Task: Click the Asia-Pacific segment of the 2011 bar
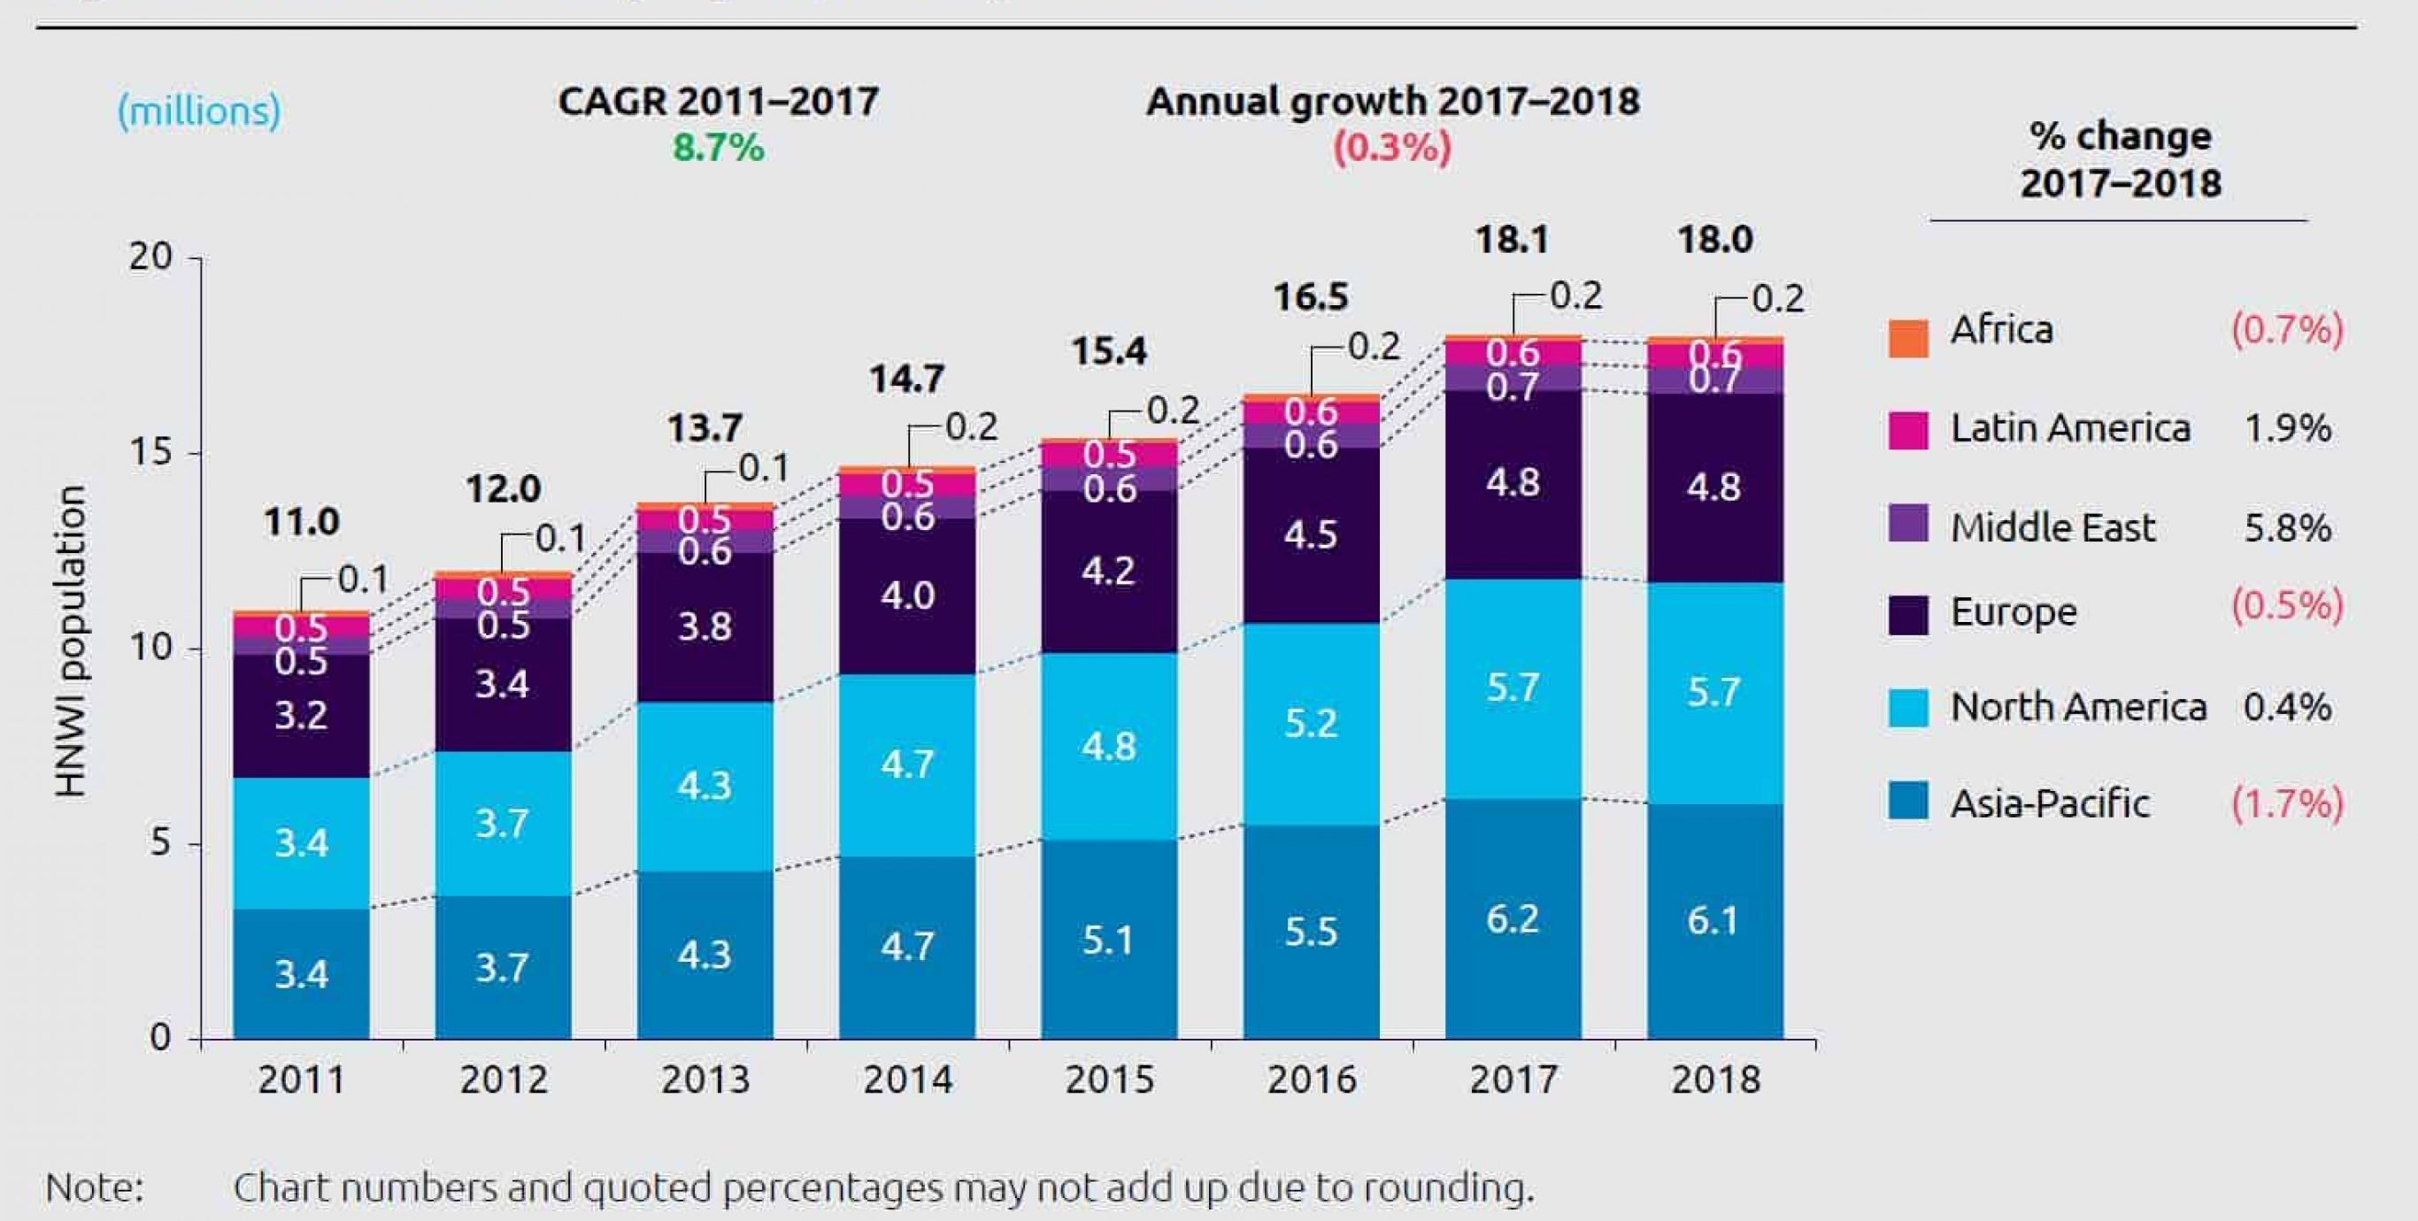(x=300, y=973)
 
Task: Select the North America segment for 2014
(x=906, y=764)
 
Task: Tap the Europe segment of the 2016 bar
(x=1311, y=535)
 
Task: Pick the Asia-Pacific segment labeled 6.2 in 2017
(x=1513, y=918)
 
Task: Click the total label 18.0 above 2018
(x=1714, y=239)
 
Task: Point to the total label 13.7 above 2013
(x=704, y=428)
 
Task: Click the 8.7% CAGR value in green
(x=718, y=149)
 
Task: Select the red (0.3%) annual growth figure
(x=1392, y=149)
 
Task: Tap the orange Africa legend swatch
(x=1907, y=338)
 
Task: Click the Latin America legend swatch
(x=1907, y=430)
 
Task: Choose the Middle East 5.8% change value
(x=2287, y=528)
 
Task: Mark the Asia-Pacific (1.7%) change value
(x=2287, y=803)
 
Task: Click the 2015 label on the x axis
(x=1109, y=1079)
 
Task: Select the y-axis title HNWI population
(x=72, y=642)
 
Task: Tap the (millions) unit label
(x=199, y=111)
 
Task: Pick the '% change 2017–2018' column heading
(x=2121, y=159)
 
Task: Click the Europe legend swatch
(x=1907, y=615)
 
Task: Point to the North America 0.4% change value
(x=2287, y=707)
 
